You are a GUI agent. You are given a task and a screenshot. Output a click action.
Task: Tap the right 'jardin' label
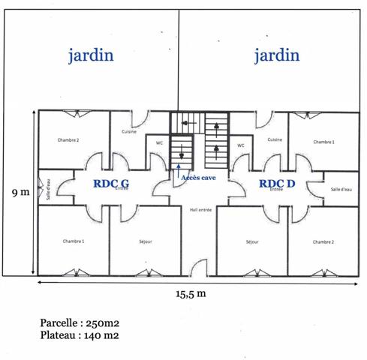(276, 55)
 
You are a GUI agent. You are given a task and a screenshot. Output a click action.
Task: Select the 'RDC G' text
(111, 182)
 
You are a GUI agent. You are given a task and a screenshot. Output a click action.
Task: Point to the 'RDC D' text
(277, 182)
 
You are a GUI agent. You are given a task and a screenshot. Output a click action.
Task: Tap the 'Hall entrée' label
(200, 210)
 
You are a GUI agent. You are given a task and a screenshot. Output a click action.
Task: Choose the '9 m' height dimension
(20, 192)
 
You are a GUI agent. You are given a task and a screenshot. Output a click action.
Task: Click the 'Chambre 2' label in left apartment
(68, 140)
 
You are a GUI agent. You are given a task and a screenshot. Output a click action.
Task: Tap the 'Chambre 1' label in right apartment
(323, 142)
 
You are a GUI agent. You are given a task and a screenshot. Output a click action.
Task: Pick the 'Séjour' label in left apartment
(146, 241)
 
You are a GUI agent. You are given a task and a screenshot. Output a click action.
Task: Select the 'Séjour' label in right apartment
(252, 241)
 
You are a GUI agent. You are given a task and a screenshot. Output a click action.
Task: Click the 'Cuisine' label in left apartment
(129, 132)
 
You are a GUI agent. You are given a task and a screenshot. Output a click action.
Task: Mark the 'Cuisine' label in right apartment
(275, 139)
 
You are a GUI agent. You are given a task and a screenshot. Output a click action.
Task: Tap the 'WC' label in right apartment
(241, 145)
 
